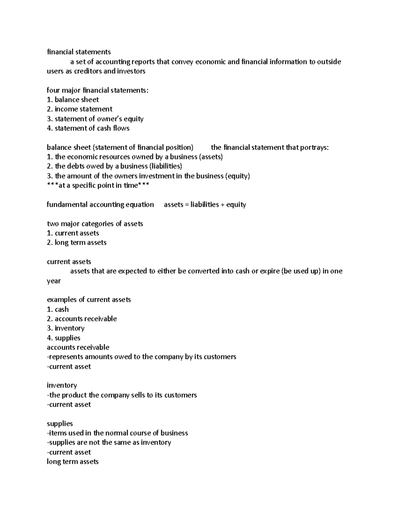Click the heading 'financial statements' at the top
(79, 52)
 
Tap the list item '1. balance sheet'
(73, 99)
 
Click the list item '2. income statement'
(80, 109)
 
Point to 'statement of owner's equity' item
(99, 119)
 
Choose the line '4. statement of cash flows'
(88, 128)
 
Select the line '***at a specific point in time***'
(98, 185)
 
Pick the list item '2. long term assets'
(77, 242)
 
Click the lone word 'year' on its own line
(54, 281)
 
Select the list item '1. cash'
(58, 309)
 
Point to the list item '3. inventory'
(66, 328)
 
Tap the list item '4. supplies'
(64, 338)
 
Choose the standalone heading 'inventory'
(62, 385)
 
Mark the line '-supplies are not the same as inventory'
(109, 442)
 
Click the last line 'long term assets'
(73, 462)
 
